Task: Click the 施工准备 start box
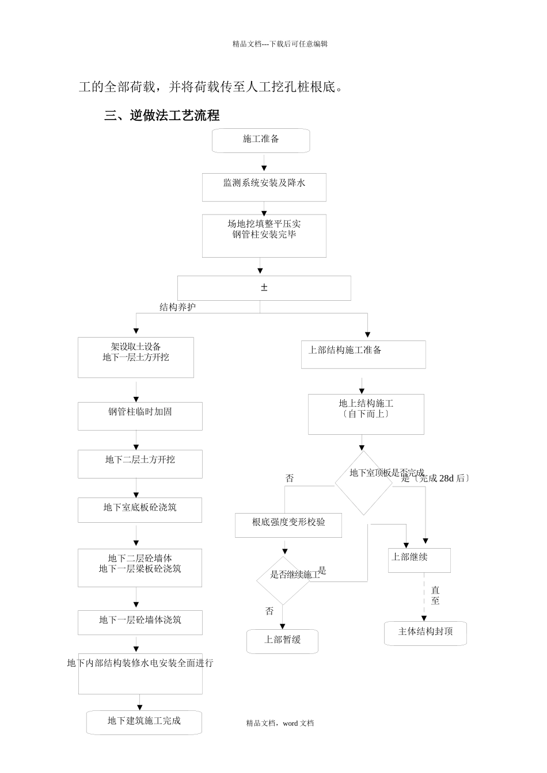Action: (261, 140)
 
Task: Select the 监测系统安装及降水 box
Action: (264, 187)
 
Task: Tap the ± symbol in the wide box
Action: (264, 288)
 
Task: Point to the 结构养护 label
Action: (177, 307)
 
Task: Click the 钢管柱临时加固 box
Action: (140, 416)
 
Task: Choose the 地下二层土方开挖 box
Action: (140, 464)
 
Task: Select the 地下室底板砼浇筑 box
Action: (140, 510)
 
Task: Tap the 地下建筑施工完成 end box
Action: (144, 722)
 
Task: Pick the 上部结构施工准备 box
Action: (363, 354)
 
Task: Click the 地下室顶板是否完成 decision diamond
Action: (364, 482)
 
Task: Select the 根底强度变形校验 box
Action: (288, 525)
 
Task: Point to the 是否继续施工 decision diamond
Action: (283, 580)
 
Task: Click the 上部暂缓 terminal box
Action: (283, 641)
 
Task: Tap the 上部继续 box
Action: (419, 560)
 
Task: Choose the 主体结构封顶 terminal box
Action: (426, 633)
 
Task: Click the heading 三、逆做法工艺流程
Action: (162, 116)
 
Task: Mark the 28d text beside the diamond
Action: (446, 479)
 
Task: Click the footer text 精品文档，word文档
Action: (280, 724)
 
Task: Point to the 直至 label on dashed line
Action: (435, 596)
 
